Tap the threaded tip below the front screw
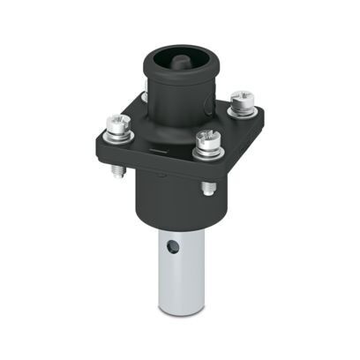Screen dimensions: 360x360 (208, 187)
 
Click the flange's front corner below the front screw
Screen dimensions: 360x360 (205, 173)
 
